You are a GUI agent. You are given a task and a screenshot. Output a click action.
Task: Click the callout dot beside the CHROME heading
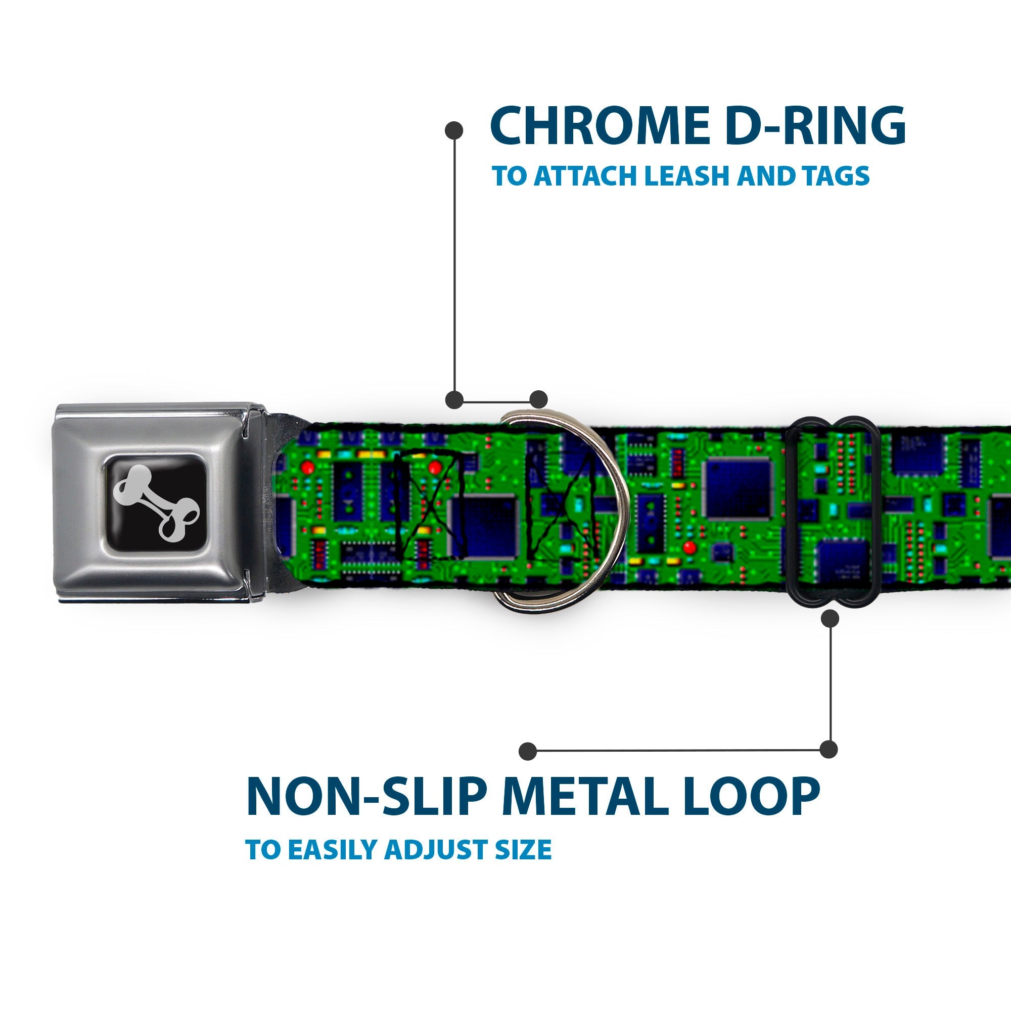coord(454,130)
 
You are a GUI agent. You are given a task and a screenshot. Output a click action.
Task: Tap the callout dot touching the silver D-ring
coord(538,399)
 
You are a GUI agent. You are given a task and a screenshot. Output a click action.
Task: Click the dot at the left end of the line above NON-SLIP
coord(529,750)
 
